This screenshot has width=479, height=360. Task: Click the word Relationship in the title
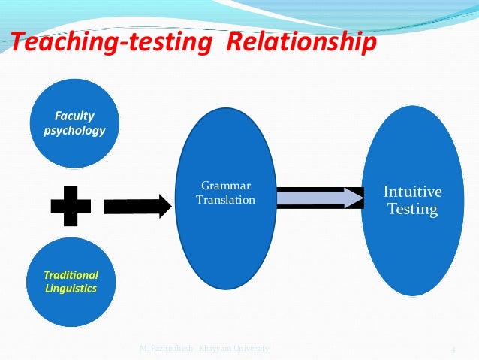[300, 43]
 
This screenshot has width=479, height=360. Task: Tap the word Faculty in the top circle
[74, 116]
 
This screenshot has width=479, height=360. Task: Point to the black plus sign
[71, 202]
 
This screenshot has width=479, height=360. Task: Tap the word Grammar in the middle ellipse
[225, 186]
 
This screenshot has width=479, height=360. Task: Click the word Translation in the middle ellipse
[225, 200]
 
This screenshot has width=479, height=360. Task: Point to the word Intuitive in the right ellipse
[413, 192]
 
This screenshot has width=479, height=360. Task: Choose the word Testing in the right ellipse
[413, 209]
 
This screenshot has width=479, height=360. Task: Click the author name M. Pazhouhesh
[167, 349]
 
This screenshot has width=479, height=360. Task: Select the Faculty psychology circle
[74, 127]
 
